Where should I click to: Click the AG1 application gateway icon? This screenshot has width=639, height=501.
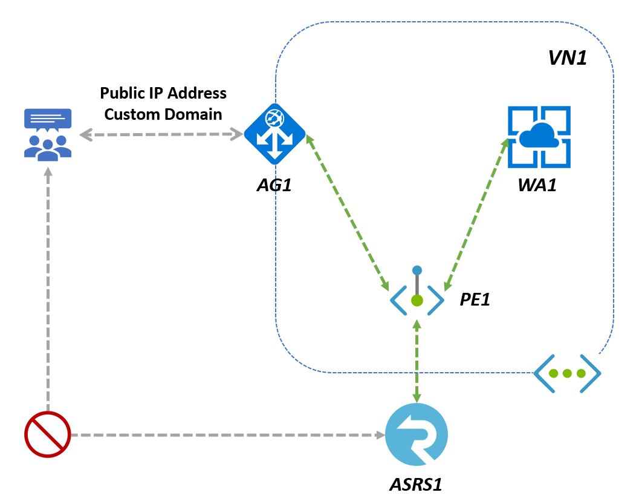274,134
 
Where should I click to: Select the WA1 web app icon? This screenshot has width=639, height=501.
539,137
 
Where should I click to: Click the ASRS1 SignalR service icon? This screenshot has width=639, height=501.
417,434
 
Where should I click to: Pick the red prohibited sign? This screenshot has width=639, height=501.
47,434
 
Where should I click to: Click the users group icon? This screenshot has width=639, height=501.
48,134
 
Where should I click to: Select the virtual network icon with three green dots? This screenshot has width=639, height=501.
567,373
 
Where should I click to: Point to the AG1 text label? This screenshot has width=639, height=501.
274,185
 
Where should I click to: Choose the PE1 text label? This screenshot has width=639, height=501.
475,298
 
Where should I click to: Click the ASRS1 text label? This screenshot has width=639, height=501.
420,485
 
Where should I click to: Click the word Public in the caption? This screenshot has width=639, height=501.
120,93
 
